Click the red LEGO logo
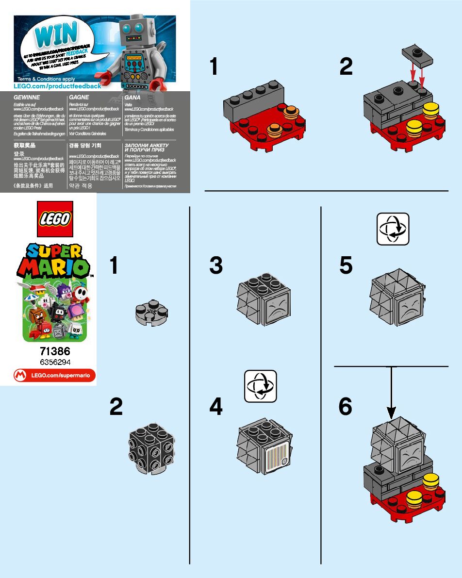(x=54, y=219)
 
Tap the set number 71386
(x=54, y=351)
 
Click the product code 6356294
(x=54, y=363)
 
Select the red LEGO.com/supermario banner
(x=54, y=375)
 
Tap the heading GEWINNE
(x=27, y=98)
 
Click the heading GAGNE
(x=79, y=98)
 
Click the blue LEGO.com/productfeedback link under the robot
(x=58, y=86)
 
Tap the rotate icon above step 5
(x=393, y=229)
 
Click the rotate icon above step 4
(x=260, y=386)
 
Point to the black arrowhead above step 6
(x=391, y=412)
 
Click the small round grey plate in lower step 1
(x=151, y=312)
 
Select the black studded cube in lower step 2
(x=151, y=449)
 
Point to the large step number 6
(x=345, y=407)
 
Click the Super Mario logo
(x=54, y=260)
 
